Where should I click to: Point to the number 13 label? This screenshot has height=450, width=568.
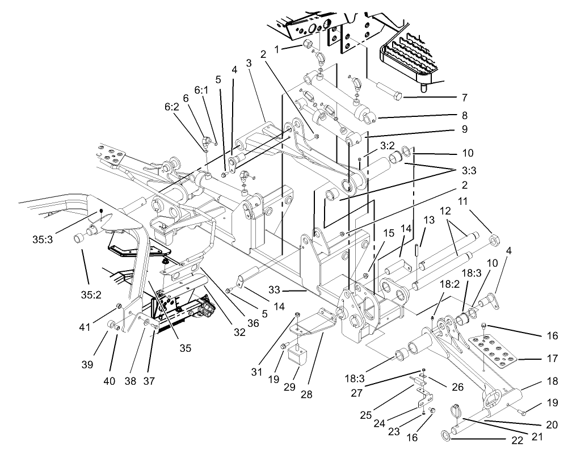click(x=427, y=220)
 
